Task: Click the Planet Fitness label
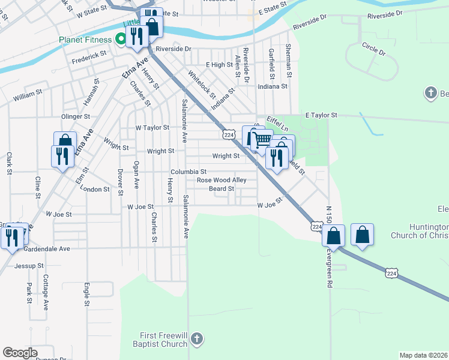[x=85, y=40]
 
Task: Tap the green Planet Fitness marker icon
[x=121, y=40]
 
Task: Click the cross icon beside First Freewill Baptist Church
[x=196, y=340]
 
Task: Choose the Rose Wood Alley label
[x=221, y=180]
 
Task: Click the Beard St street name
[x=221, y=189]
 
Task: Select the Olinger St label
[x=75, y=116]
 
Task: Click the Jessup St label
[x=29, y=265]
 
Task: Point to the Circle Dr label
[x=373, y=49]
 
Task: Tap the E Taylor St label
[x=321, y=115]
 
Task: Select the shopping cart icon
[x=262, y=140]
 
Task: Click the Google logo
[x=20, y=353]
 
